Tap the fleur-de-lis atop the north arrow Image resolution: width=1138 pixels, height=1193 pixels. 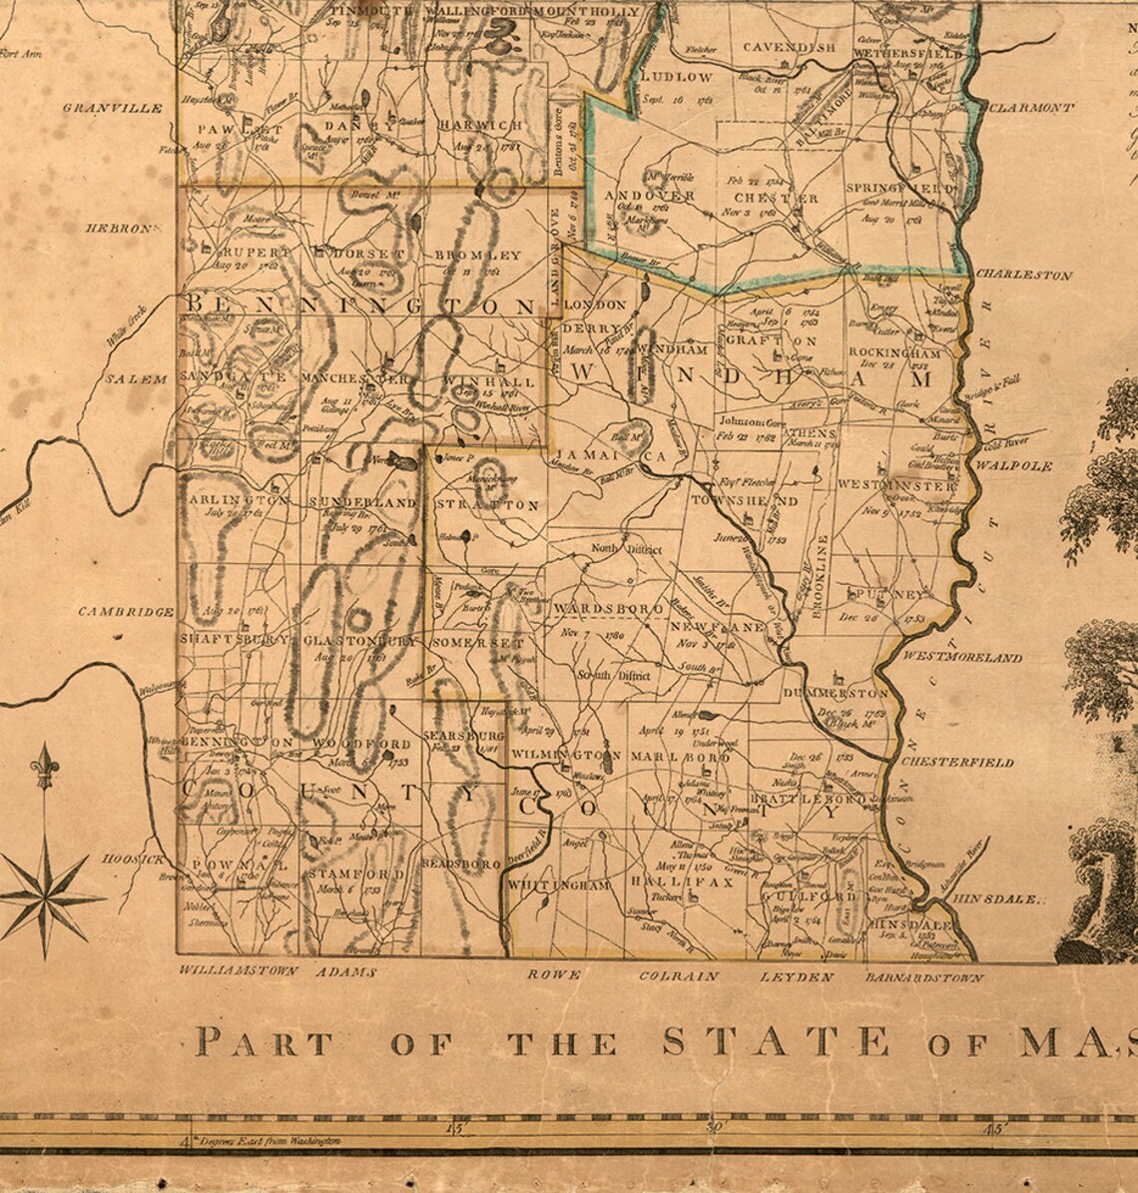pos(44,767)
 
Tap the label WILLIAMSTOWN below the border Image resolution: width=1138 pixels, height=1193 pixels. pos(239,970)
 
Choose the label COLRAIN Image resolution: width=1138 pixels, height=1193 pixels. pos(678,976)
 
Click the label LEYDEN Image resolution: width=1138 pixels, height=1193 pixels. pos(796,977)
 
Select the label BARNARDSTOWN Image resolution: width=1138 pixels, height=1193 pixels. pos(923,978)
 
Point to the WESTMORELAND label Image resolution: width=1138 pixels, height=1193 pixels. pos(961,658)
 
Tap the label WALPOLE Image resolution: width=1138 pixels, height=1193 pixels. pos(1014,466)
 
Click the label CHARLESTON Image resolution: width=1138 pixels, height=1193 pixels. pos(1023,275)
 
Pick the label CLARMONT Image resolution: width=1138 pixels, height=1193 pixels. pos(1032,108)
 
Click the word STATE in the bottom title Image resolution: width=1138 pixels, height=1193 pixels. pos(775,1042)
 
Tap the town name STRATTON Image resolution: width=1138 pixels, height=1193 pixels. pos(488,505)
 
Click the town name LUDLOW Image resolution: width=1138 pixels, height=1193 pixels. pos(676,76)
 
